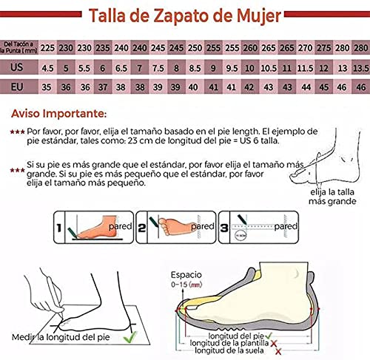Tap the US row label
coord(18,67)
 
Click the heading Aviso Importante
coord(58,115)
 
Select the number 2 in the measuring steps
coord(141,220)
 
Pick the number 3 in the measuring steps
coord(223,220)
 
